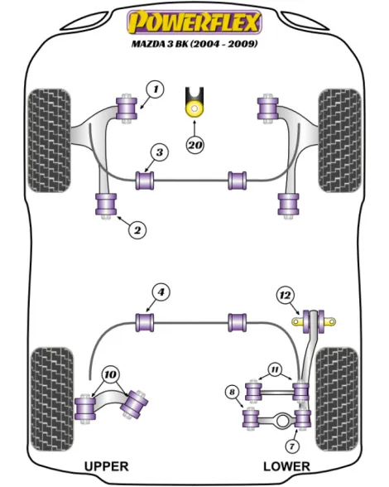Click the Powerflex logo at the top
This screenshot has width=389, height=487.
194,22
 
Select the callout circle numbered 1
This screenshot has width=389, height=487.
156,89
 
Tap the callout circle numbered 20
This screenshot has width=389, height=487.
195,145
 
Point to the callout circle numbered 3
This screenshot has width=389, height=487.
160,152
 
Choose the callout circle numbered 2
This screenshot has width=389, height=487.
137,230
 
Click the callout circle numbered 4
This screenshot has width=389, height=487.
161,292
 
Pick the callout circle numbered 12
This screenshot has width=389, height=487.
285,295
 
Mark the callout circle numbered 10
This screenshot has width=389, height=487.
110,375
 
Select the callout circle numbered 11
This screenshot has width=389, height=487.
275,369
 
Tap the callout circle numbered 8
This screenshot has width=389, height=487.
233,392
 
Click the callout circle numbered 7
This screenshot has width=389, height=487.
292,446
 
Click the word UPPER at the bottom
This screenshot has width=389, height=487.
107,466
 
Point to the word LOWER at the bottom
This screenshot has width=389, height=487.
286,466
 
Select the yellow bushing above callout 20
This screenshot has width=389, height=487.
194,108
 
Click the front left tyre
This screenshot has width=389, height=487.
50,141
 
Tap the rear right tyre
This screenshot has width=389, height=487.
337,399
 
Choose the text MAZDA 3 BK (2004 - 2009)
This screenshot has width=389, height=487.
194,44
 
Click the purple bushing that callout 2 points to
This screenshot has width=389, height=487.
106,205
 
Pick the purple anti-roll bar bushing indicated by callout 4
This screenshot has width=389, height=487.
145,322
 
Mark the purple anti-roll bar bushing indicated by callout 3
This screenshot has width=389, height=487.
145,181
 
